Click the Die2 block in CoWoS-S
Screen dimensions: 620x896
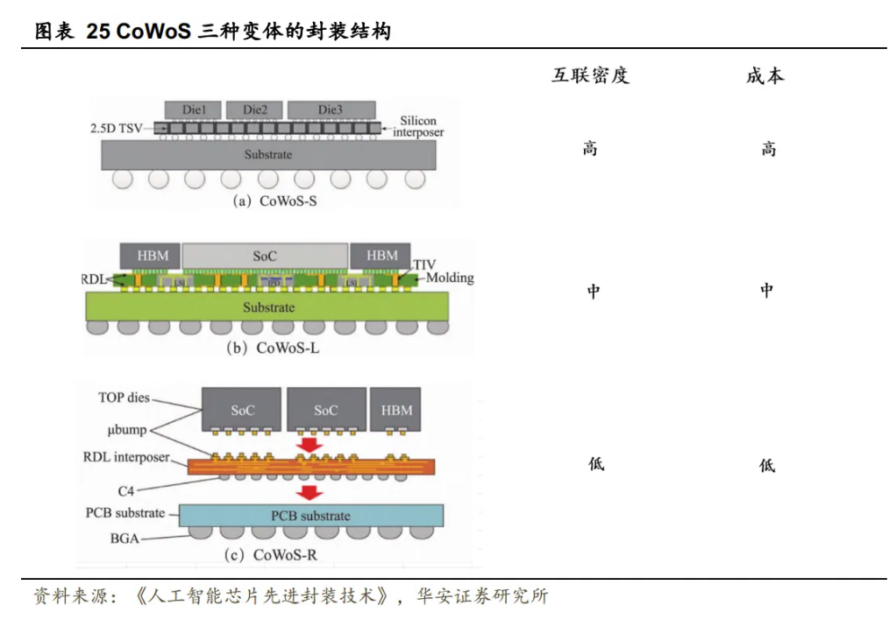click(255, 109)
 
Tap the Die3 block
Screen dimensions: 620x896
click(330, 109)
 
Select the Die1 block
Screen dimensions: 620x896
click(194, 109)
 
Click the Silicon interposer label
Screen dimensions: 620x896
click(418, 126)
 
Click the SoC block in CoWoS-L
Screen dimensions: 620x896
click(265, 256)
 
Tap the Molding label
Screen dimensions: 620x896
click(450, 278)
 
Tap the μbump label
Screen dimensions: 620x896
click(123, 430)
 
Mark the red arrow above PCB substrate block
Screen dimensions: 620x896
click(308, 492)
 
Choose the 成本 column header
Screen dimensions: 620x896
click(764, 76)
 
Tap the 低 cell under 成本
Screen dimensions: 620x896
click(767, 465)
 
